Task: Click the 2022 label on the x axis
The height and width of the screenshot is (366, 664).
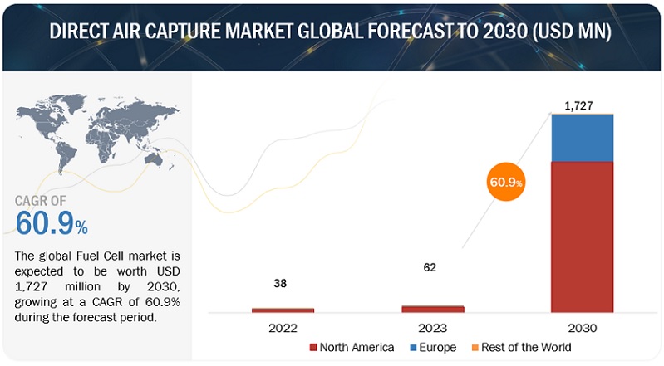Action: point(283,328)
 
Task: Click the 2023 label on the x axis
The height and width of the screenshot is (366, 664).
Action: point(432,328)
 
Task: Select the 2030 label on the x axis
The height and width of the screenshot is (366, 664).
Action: point(582,328)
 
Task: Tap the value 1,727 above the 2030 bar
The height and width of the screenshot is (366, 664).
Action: point(582,105)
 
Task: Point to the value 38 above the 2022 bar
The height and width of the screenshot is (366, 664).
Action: point(283,283)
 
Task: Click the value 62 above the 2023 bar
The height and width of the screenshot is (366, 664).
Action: point(429,267)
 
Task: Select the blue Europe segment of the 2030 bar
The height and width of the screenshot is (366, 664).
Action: point(582,138)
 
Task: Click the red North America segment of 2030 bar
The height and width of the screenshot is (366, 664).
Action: point(582,237)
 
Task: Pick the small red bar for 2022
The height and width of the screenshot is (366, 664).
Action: point(283,310)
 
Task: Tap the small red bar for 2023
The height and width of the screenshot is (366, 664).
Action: point(432,309)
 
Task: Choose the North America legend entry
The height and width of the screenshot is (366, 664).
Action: point(349,347)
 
